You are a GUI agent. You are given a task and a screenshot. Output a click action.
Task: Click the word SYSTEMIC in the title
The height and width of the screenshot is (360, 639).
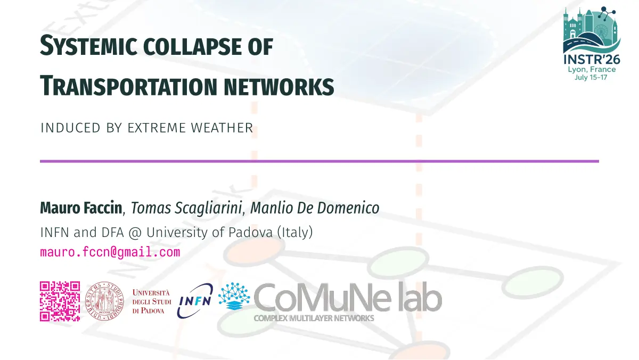tap(88, 46)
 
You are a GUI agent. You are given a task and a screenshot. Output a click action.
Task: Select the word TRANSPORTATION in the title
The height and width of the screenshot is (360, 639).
tap(129, 86)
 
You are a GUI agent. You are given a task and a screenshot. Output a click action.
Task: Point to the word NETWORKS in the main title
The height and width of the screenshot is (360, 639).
tap(278, 87)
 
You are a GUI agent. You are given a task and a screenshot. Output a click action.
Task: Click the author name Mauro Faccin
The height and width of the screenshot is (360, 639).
tap(81, 208)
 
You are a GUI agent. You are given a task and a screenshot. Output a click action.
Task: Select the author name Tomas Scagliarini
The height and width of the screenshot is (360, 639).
tap(186, 208)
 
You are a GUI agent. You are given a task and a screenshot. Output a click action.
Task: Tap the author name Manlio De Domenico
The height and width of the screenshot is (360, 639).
tap(315, 208)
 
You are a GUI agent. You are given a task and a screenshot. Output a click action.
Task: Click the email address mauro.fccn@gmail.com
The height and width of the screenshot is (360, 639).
tap(110, 252)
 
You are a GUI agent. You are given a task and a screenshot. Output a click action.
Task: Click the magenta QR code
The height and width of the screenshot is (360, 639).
tap(60, 301)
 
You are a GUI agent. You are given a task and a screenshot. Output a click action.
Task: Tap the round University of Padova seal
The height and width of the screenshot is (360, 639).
tap(104, 301)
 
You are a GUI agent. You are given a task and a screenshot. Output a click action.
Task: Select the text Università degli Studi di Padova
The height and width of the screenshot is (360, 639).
tap(151, 301)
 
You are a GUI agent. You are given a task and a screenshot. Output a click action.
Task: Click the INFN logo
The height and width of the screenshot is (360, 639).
tap(195, 301)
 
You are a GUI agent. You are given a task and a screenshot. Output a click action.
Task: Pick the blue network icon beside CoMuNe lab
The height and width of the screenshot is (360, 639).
tap(234, 296)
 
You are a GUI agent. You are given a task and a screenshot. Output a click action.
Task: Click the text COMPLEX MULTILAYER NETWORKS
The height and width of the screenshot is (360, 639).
tap(314, 318)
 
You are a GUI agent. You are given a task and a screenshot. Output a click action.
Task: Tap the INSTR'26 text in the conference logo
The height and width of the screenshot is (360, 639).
tap(592, 60)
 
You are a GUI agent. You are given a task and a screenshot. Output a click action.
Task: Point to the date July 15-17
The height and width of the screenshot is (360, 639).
tap(591, 77)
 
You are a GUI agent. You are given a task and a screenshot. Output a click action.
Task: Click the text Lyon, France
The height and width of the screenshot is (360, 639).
tap(592, 69)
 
